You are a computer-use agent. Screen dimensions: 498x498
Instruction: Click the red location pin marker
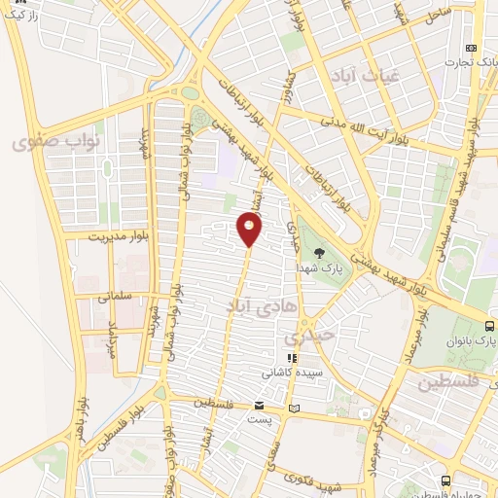[250, 230]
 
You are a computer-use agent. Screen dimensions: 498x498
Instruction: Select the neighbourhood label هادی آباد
[232, 305]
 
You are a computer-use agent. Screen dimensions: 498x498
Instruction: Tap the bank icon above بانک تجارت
[472, 49]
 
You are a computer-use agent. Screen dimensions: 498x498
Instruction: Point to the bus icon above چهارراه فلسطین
[445, 480]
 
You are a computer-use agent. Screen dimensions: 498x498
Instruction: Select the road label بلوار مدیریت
[97, 236]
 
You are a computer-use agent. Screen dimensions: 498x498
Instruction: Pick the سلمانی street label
[115, 295]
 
